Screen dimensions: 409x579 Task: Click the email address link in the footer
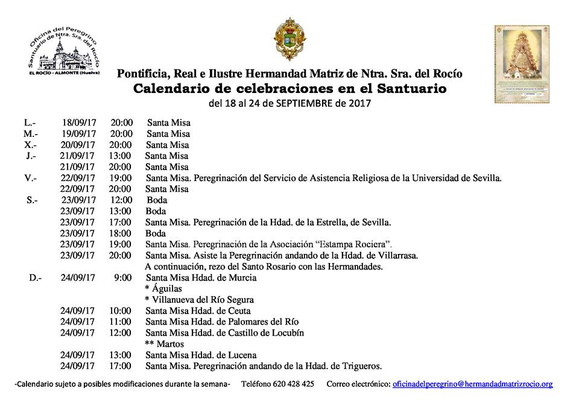(472, 384)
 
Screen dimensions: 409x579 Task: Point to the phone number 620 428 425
(294, 384)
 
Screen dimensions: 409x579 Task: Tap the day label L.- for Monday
(30, 123)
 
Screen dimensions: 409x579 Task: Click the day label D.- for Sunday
(35, 278)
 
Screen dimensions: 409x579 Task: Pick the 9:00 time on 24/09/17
(122, 278)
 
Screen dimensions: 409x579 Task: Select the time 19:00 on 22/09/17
(121, 178)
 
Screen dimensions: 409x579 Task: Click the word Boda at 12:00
(156, 200)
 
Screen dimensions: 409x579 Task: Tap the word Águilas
(167, 289)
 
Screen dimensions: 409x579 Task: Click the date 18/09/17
(78, 123)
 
